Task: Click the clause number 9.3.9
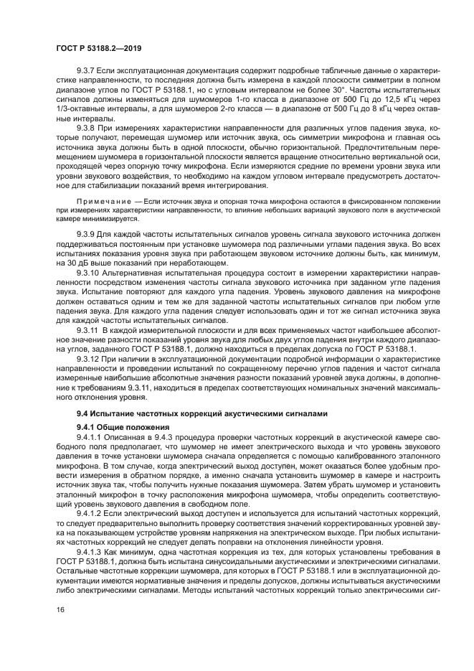pos(86,234)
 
